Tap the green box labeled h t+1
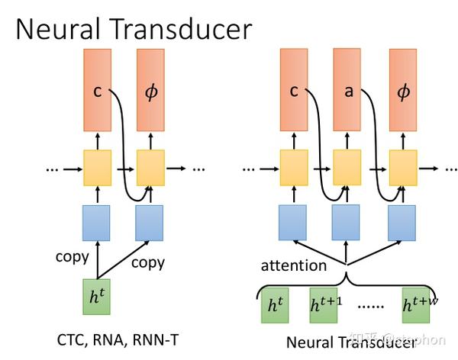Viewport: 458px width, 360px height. pyautogui.click(x=326, y=306)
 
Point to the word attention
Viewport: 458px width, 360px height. pyautogui.click(x=293, y=266)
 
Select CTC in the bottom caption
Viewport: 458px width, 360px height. pyautogui.click(x=70, y=338)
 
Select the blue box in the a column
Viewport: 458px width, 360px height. pyautogui.click(x=348, y=223)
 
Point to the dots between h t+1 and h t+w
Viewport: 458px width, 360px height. pyautogui.click(x=372, y=307)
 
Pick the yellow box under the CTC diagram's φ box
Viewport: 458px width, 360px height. pyautogui.click(x=150, y=168)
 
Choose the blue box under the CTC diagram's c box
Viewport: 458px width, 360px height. pyautogui.click(x=97, y=223)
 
